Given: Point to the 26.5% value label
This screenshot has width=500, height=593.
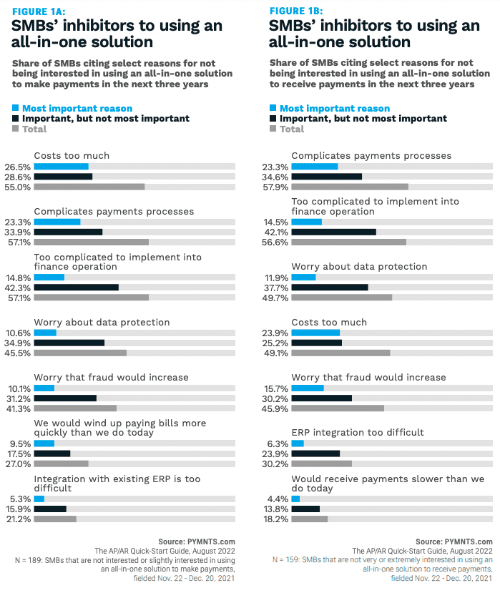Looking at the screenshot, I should (18, 167).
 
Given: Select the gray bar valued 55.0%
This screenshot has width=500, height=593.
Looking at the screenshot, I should (89, 187).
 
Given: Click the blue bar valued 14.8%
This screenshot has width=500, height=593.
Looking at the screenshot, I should (49, 278).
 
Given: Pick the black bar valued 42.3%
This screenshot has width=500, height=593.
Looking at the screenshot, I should (77, 288).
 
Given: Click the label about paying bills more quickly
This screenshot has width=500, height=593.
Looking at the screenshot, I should (119, 428).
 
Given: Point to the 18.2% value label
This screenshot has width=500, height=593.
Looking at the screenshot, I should (275, 519).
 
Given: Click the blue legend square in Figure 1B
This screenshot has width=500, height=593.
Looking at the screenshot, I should (273, 109).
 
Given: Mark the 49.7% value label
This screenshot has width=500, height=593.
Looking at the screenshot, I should (275, 298).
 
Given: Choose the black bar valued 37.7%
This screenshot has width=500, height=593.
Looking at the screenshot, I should (330, 288).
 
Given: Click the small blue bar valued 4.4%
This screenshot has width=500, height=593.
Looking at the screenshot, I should (295, 499).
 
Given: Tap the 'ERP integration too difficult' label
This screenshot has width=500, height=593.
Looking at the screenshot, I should (358, 433).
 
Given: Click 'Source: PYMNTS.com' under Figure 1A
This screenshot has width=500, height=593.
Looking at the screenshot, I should (197, 541).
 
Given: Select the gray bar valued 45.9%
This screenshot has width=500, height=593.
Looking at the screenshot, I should (338, 408).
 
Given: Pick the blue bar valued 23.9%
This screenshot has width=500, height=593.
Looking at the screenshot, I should (315, 333).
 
